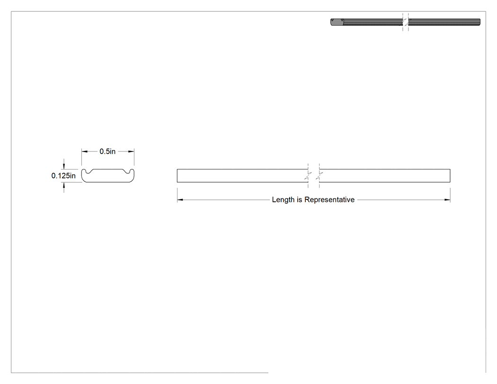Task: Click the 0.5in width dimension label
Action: pos(107,152)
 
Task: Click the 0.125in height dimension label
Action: pos(63,176)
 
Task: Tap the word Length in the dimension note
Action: pos(283,200)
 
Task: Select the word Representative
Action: pos(329,200)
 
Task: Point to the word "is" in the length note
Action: pos(299,200)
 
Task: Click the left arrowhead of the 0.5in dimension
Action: pos(84,152)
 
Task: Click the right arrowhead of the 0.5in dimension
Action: pos(131,152)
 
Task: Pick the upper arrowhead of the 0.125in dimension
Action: pos(64,166)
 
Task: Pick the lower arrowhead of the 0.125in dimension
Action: pos(64,185)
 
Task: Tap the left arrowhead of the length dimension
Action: pos(180,200)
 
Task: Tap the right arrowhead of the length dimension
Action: pos(447,200)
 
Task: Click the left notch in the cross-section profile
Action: pos(87,171)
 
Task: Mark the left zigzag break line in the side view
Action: pos(308,176)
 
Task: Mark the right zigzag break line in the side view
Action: pos(319,176)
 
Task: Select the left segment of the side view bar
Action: pos(242,176)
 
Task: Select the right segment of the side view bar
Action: pos(384,176)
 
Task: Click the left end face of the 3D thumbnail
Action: pos(337,22)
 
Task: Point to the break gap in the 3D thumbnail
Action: pos(405,22)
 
